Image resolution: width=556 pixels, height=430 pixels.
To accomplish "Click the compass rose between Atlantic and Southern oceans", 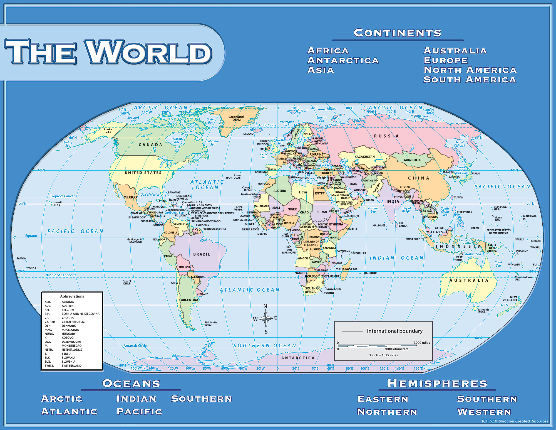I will pyautogui.click(x=266, y=319).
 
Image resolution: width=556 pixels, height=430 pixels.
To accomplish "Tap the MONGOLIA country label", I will pyautogui.click(x=412, y=160).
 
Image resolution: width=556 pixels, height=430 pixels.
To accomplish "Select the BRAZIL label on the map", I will pyautogui.click(x=202, y=254).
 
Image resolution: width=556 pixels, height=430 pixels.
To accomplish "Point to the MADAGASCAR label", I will pyautogui.click(x=346, y=269).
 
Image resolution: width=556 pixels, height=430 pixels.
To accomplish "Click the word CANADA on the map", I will pyautogui.click(x=150, y=145).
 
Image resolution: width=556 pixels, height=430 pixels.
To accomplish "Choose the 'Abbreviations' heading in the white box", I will pyautogui.click(x=72, y=296).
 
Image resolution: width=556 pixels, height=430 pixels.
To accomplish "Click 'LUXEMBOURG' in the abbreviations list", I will pyautogui.click(x=71, y=342).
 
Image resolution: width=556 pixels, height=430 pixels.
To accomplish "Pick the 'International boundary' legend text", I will pyautogui.click(x=394, y=331).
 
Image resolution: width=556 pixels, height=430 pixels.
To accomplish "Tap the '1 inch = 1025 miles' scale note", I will pyautogui.click(x=383, y=355).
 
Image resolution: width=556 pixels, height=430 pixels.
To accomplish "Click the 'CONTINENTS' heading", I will pyautogui.click(x=398, y=33).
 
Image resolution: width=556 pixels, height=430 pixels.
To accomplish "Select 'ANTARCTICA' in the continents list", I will pyautogui.click(x=343, y=60).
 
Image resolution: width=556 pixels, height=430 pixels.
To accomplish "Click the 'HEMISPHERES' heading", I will pyautogui.click(x=437, y=384).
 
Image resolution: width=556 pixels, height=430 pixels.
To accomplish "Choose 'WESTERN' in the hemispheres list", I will pyautogui.click(x=484, y=412).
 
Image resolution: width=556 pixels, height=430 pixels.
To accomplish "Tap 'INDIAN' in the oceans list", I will pyautogui.click(x=136, y=399).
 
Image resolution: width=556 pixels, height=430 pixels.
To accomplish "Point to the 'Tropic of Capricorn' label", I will pyautogui.click(x=61, y=275).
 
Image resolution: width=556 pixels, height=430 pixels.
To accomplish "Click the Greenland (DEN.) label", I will pyautogui.click(x=236, y=118).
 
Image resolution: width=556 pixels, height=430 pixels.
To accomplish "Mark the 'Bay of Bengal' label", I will pyautogui.click(x=407, y=210).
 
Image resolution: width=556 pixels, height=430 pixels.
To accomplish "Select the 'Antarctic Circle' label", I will pyautogui.click(x=135, y=346).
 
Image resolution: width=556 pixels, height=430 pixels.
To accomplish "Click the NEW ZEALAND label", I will pyautogui.click(x=510, y=299).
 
